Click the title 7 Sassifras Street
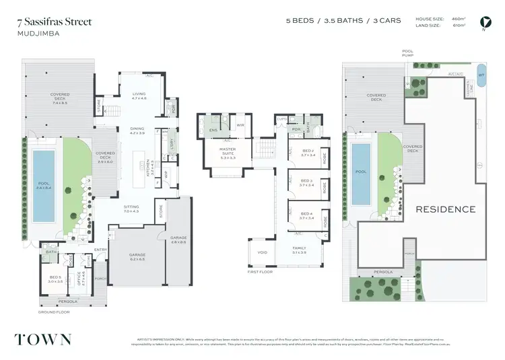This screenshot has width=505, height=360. pos(55,22)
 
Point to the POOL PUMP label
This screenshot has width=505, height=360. pos(407,53)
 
